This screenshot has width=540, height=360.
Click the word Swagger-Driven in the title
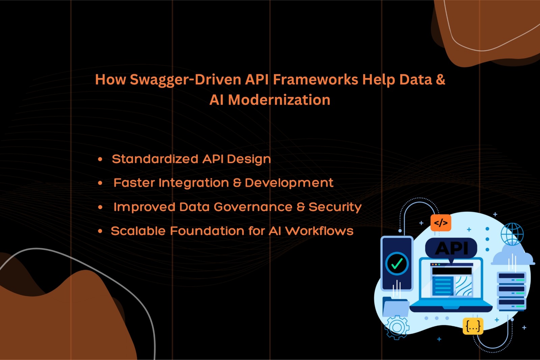[x=185, y=80]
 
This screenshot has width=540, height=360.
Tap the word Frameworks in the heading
[x=316, y=79]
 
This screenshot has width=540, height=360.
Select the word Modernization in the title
[x=279, y=100]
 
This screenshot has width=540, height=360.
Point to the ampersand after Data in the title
[x=440, y=79]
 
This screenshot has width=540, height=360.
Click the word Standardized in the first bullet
[x=155, y=159]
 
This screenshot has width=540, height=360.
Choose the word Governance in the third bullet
[x=253, y=207]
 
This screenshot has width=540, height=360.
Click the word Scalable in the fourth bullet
[x=138, y=231]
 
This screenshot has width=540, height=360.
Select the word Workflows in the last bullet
[x=319, y=231]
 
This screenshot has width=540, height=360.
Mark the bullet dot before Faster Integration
[x=100, y=183]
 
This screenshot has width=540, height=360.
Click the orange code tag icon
[x=441, y=223]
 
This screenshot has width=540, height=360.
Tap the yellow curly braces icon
[x=473, y=326]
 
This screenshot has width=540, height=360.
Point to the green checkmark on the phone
[x=397, y=264]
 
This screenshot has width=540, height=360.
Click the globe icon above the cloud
[x=512, y=234]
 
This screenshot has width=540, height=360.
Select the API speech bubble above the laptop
[x=451, y=249]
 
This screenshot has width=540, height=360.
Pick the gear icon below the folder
[x=397, y=328]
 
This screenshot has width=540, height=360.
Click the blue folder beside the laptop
[x=395, y=306]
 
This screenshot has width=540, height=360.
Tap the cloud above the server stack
[x=512, y=255]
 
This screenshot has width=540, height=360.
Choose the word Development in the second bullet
[x=289, y=183]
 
